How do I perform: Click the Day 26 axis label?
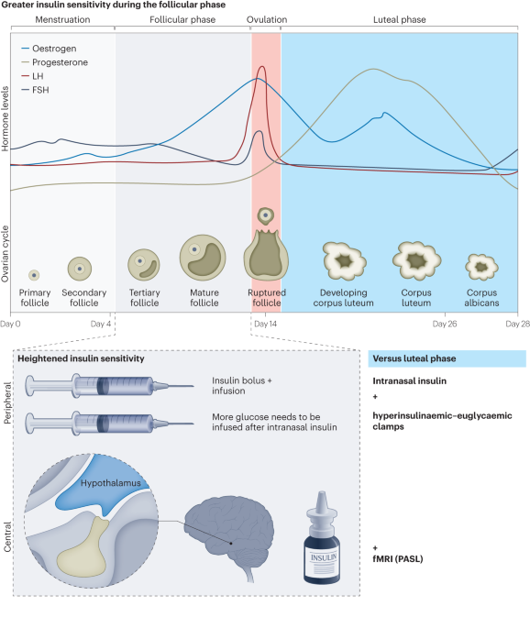point(445,324)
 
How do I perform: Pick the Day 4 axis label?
point(102,324)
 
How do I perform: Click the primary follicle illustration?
point(34,274)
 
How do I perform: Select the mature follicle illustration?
point(204,258)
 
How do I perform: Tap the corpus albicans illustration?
point(482,266)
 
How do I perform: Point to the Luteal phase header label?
point(399,18)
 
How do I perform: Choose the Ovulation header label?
point(266,18)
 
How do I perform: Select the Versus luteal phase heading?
point(413,358)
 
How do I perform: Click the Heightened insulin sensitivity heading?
point(81,358)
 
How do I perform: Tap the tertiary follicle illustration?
point(144,265)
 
